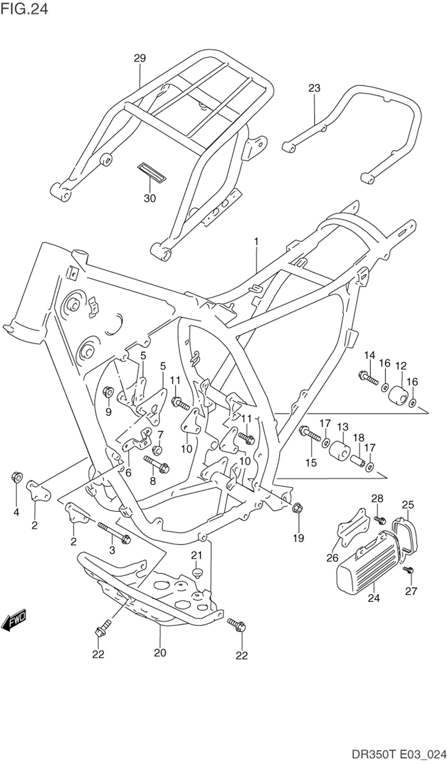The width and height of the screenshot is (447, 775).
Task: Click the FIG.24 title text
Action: pos(24,8)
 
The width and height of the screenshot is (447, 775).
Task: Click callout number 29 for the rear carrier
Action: pos(140,58)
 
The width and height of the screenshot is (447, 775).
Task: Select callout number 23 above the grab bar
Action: pos(315,88)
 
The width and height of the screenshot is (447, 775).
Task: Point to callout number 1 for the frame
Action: pos(257,241)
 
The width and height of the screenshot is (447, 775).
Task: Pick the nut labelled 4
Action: pos(16,477)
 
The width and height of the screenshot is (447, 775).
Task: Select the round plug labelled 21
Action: pos(197,572)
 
